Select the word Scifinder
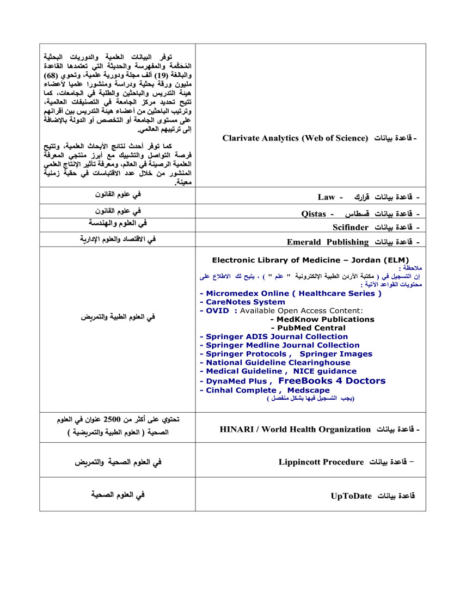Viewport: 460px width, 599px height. coord(351,227)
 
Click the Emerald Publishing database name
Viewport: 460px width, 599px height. coord(328,242)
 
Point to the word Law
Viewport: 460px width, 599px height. coord(327,197)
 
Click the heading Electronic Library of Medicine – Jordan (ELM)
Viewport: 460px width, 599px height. coord(310,260)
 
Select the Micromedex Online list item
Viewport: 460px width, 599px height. coord(291,294)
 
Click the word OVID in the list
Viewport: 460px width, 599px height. coord(218,311)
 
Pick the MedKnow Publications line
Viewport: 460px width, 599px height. coord(325,320)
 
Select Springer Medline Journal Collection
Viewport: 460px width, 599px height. coord(279,345)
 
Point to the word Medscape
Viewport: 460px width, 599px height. coord(308,390)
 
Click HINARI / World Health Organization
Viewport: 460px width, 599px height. coord(295,430)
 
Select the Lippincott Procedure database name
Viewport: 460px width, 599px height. coord(321,462)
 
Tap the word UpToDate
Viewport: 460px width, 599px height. coord(351,496)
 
